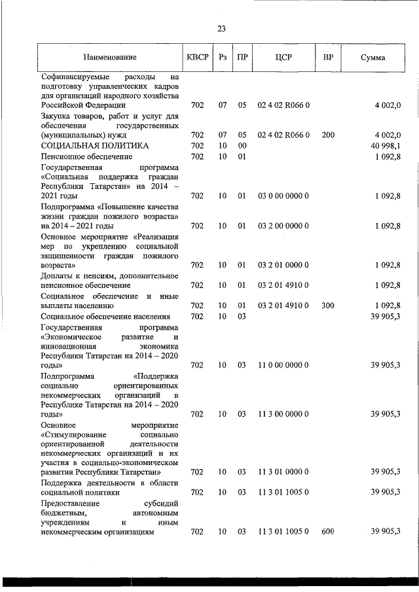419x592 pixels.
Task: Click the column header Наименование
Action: coord(109,58)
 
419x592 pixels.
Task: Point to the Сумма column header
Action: coord(373,58)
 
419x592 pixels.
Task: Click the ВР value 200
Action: coord(328,135)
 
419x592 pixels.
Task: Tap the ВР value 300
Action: coord(328,305)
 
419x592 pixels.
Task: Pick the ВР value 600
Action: coord(328,532)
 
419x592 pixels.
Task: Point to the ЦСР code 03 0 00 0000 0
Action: coord(283,196)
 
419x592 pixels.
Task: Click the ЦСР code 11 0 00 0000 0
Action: coord(283,366)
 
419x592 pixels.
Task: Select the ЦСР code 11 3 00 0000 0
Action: coord(283,414)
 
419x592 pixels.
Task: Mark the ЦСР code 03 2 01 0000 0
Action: coord(283,265)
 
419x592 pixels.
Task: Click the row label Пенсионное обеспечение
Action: coord(86,157)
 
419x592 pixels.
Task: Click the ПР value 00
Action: coord(242,145)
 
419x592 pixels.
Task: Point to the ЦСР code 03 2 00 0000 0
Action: coord(283,226)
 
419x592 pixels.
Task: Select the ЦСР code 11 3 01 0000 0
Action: coord(283,472)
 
